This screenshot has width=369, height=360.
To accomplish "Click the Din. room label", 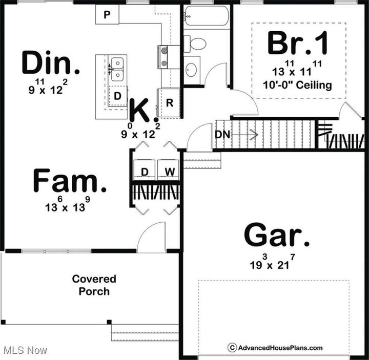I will coord(51,62).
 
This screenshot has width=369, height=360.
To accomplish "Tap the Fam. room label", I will coord(70,182).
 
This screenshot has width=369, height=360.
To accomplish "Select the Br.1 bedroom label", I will coord(297,44).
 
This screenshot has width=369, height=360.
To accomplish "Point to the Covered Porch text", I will coord(94,285).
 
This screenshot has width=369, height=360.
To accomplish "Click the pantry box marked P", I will coord(107,15).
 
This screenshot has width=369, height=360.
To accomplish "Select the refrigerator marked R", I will coord(169,103).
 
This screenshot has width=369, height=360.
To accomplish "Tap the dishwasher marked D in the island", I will coord(118,96).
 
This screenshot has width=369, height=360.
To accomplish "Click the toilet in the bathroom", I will coord(194,44).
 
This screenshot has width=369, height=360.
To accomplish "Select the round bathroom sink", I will coord(192,70).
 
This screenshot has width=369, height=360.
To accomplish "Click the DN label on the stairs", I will coord(222,135).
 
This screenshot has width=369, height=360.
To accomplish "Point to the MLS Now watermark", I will coord(26,350).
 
